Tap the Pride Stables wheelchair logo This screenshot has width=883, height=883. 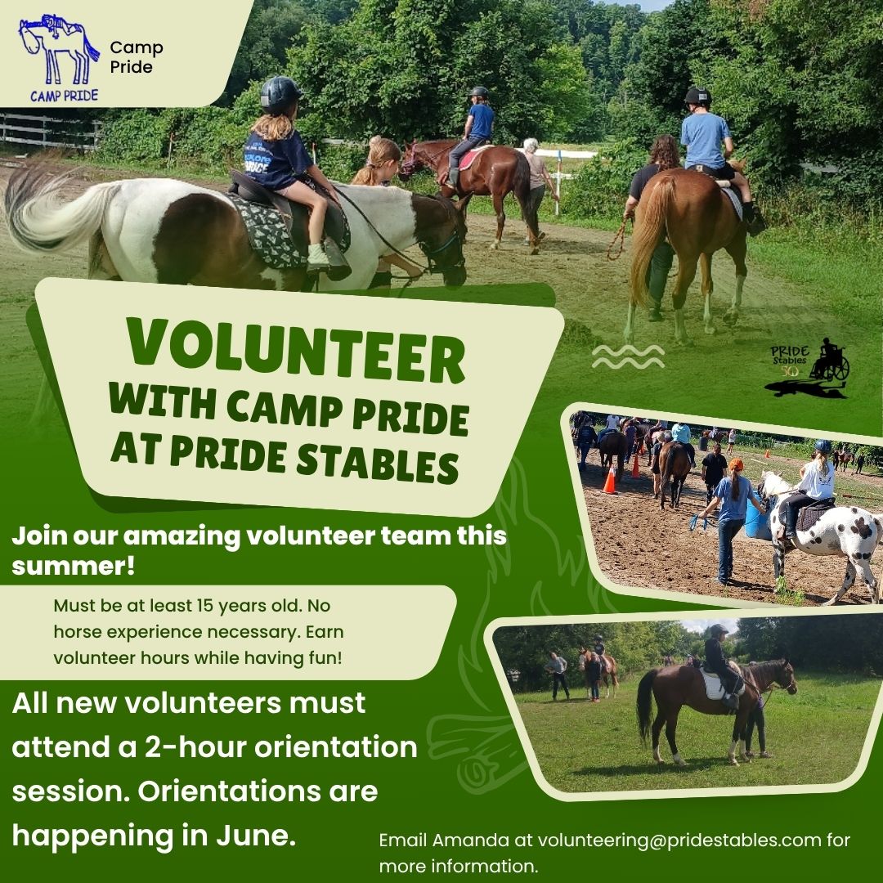[809, 368]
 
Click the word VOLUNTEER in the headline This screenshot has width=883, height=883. [296, 350]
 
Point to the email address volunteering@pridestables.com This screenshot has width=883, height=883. [679, 840]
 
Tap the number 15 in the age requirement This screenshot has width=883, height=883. [204, 605]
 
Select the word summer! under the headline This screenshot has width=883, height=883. [74, 566]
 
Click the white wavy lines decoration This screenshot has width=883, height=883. [628, 357]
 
